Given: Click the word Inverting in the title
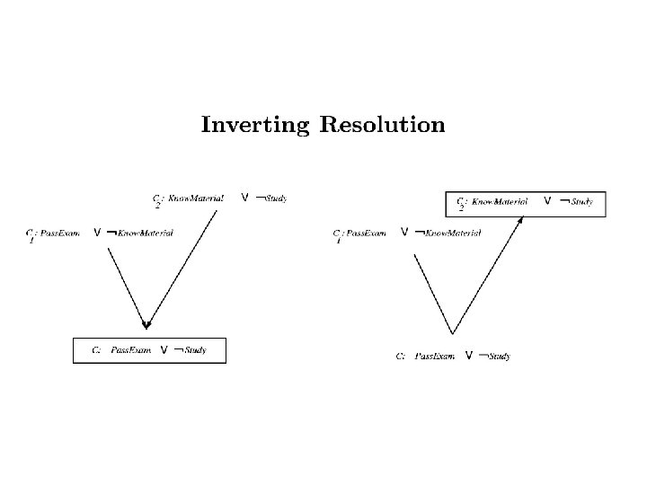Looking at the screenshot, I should click(254, 125).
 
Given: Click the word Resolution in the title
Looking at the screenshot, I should click(382, 124).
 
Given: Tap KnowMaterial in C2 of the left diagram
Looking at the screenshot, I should click(197, 198).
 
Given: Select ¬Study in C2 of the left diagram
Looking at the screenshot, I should click(271, 198).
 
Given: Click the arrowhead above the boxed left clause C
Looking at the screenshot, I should click(146, 324).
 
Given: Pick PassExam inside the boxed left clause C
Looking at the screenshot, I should click(130, 350).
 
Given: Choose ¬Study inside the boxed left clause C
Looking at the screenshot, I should click(190, 350).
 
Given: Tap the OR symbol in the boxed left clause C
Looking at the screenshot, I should click(164, 350).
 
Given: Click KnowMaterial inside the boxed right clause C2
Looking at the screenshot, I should click(500, 202).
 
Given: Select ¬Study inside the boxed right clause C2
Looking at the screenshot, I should click(576, 202).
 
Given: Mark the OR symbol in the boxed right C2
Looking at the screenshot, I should click(546, 202).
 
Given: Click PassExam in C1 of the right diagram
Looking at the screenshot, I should click(366, 233).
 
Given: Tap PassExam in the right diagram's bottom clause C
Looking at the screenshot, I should click(435, 357).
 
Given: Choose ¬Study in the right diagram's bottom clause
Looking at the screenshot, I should click(495, 357).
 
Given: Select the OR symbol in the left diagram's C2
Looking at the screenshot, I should click(244, 197).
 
